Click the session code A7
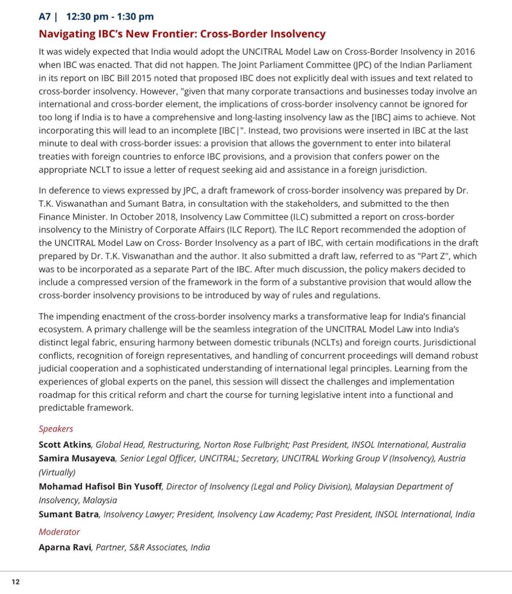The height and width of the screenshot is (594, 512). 44,17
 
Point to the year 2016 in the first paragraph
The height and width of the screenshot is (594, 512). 465,52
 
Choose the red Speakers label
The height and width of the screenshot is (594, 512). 56,429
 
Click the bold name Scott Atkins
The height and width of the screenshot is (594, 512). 65,445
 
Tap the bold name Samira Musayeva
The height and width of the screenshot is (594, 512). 77,459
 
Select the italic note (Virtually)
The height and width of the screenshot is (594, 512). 57,473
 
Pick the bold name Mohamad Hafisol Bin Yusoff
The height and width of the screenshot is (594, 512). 100,486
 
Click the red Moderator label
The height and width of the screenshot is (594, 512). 59,532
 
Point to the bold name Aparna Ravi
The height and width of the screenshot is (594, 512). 65,547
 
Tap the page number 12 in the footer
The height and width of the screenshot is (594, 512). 16,581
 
